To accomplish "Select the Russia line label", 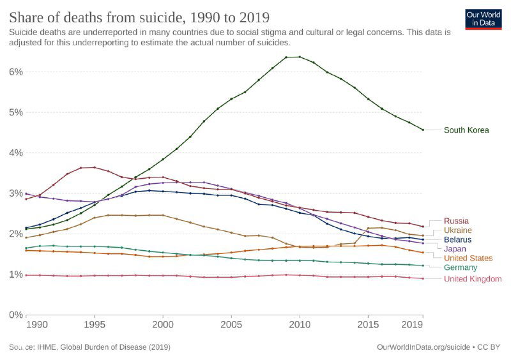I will pyautogui.click(x=455, y=221).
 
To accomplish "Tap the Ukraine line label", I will pyautogui.click(x=457, y=230).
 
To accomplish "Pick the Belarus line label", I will pyautogui.click(x=457, y=239).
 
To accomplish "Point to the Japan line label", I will pyautogui.click(x=455, y=249).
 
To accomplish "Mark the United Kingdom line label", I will pyautogui.click(x=472, y=279).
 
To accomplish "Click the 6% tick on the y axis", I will pyautogui.click(x=16, y=71).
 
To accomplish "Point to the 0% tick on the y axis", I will pyautogui.click(x=16, y=315).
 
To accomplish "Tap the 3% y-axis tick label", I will pyautogui.click(x=16, y=193).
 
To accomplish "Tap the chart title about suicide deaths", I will pyautogui.click(x=139, y=16).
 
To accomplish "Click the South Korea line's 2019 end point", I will pyautogui.click(x=423, y=130).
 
